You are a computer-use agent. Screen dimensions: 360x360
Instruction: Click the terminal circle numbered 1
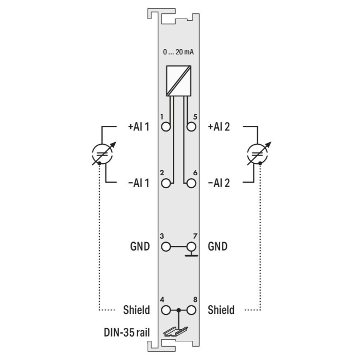[166, 127]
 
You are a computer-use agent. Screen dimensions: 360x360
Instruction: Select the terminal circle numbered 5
[191, 127]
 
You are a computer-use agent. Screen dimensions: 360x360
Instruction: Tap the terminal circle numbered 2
[166, 183]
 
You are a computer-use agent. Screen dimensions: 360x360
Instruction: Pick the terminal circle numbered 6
[191, 183]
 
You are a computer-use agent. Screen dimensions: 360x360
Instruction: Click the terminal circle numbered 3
[166, 247]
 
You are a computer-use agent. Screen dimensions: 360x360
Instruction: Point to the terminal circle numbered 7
[191, 247]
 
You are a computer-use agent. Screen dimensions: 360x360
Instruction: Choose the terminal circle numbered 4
[166, 310]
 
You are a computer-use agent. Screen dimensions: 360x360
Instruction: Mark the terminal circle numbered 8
[191, 310]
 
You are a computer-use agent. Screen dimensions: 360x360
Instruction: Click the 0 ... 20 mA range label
[179, 52]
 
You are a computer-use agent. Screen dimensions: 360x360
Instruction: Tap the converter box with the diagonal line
[179, 81]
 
